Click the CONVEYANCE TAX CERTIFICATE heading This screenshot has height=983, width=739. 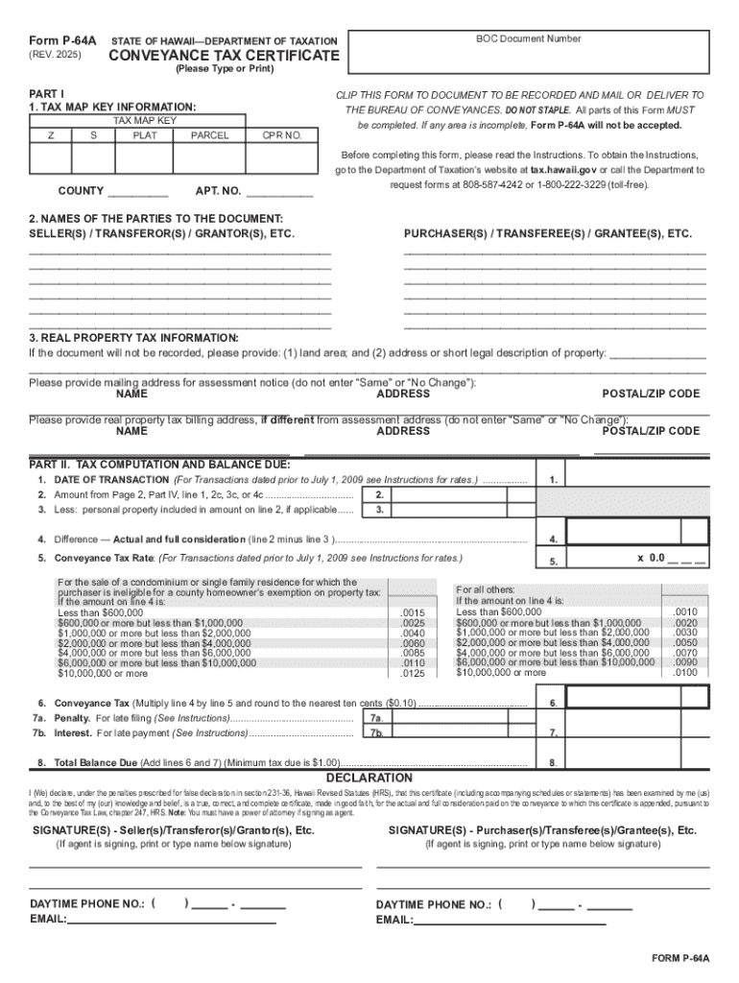223,57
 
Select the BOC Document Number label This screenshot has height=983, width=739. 528,39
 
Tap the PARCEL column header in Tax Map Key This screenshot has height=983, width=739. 209,135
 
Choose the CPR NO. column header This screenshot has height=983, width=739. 282,135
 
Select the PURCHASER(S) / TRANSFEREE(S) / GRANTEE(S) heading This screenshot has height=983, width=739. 547,234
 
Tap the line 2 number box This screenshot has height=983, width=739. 380,495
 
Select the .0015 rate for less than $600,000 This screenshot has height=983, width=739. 413,612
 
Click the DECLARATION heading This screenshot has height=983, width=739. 369,778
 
